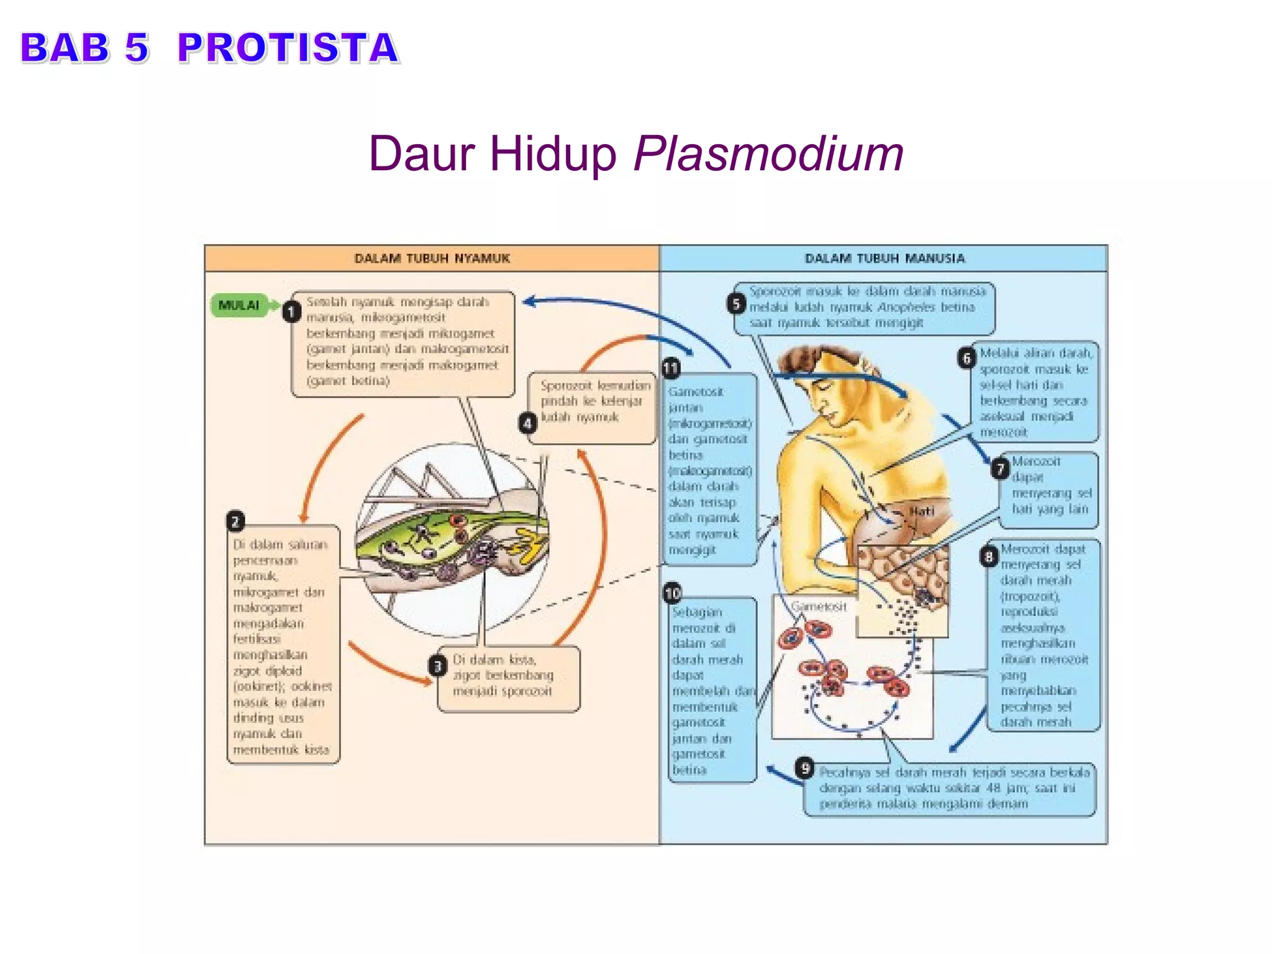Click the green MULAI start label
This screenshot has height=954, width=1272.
tap(239, 305)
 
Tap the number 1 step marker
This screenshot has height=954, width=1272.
tap(291, 311)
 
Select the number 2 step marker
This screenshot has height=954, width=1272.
tap(235, 521)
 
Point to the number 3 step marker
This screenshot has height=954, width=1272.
tap(438, 666)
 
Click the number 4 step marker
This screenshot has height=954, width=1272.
tap(527, 424)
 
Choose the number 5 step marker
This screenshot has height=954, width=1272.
tap(736, 304)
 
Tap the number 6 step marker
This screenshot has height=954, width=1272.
tap(966, 358)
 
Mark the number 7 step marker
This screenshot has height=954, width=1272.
tap(1000, 469)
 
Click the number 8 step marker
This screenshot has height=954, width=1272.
tap(989, 556)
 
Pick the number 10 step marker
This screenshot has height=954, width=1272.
tap(673, 593)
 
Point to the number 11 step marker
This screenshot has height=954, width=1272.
tap(670, 368)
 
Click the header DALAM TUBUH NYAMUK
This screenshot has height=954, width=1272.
tap(432, 258)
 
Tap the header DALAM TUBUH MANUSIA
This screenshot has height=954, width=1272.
tap(884, 258)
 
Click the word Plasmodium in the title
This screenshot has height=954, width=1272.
tap(768, 154)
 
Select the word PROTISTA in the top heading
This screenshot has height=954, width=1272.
tap(288, 48)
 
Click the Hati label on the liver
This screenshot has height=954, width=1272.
tap(922, 511)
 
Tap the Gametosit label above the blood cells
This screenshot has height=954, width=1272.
tap(819, 606)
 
